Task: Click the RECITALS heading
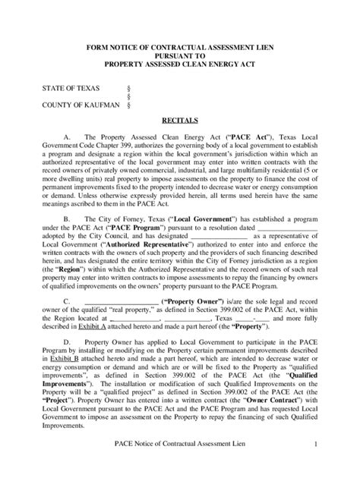(180, 120)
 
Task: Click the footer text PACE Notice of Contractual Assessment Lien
(178, 464)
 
